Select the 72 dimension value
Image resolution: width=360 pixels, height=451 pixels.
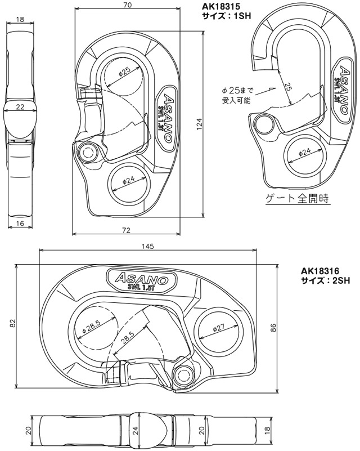127,230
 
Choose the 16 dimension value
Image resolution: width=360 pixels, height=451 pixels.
20,224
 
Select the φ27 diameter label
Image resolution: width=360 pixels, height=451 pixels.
218,328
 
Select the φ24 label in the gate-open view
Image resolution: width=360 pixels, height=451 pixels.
304,152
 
